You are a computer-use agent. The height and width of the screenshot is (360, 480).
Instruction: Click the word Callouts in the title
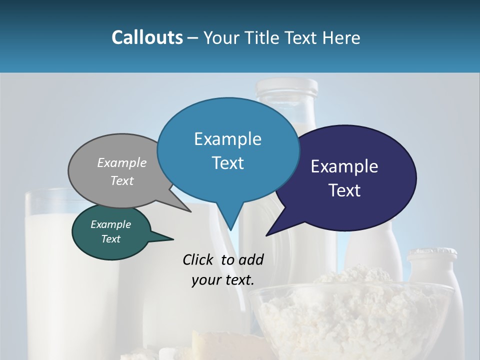point(147,37)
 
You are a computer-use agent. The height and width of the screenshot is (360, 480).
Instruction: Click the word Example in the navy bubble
point(344,166)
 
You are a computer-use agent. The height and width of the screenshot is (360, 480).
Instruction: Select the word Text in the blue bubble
point(227,163)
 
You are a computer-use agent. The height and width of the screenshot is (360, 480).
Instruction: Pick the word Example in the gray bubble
point(121,163)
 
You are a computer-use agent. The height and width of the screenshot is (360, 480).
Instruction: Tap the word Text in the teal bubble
point(110,239)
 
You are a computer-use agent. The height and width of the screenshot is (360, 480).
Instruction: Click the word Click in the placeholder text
point(199,259)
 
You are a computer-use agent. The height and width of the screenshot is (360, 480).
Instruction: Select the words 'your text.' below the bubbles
point(223,280)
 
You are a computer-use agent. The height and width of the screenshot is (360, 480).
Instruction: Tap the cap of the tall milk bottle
point(286,87)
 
